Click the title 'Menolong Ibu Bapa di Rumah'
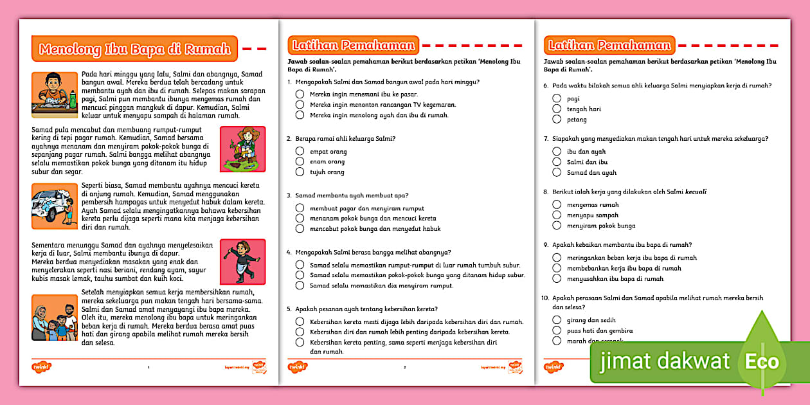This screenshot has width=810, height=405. pyautogui.click(x=134, y=49)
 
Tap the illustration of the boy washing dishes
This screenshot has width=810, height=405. pyautogui.click(x=54, y=94)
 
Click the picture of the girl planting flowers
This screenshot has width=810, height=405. pyautogui.click(x=242, y=149)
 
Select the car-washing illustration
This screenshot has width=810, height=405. pyautogui.click(x=54, y=206)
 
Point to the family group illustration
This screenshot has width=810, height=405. pyautogui.click(x=54, y=318)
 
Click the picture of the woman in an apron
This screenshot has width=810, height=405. pyautogui.click(x=242, y=262)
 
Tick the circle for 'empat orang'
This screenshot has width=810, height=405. pyautogui.click(x=300, y=152)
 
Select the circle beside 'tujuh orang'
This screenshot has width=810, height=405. pyautogui.click(x=300, y=172)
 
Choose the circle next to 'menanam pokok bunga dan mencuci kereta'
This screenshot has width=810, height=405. pyautogui.click(x=300, y=219)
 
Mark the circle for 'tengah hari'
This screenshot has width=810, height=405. pyautogui.click(x=557, y=109)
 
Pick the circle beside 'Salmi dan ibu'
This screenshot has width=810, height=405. pyautogui.click(x=557, y=162)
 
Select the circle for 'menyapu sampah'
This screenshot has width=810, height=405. pyautogui.click(x=557, y=215)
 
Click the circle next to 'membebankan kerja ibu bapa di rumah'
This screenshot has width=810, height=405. pyautogui.click(x=557, y=268)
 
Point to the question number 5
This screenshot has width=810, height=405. pyautogui.click(x=289, y=309)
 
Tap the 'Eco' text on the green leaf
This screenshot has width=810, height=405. pyautogui.click(x=762, y=361)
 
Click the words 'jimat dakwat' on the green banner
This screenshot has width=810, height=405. pyautogui.click(x=665, y=361)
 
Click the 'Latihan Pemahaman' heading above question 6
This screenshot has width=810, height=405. pyautogui.click(x=609, y=45)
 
